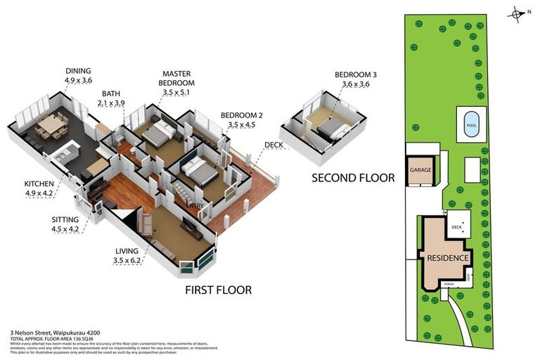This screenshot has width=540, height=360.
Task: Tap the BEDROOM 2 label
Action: click(241, 115)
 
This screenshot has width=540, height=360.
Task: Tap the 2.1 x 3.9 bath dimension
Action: click(111, 103)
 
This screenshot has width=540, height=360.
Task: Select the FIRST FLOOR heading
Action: click(218, 290)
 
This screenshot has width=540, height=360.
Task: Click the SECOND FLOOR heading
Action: click(353, 178)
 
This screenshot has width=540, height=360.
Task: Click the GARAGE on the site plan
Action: click(420, 169)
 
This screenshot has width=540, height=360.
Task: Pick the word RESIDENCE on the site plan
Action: click(448, 258)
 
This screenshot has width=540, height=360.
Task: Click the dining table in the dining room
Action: click(49, 127)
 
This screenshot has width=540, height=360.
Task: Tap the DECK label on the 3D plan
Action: click(273, 146)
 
